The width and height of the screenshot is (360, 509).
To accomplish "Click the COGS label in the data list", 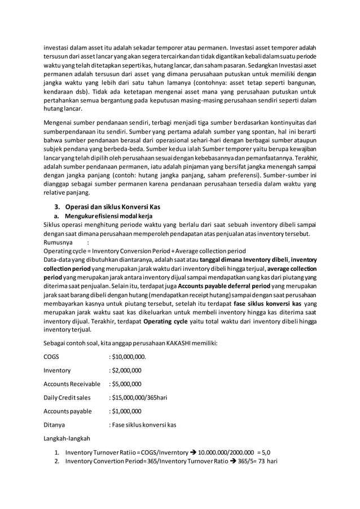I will click(51, 356).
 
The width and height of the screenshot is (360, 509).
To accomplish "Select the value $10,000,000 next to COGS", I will click(128, 356).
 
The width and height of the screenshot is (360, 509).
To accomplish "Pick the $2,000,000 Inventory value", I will click(125, 370).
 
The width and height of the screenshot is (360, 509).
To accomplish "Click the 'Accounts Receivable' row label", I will click(72, 384).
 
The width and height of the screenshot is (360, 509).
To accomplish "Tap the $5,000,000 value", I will click(125, 384).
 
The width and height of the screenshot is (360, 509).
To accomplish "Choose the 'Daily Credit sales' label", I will click(67, 397).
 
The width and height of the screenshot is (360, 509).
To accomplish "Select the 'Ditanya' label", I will click(54, 424).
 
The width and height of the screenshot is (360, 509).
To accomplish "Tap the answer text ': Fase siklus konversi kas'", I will click(142, 424).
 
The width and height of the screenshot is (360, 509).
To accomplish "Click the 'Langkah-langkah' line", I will click(67, 438).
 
